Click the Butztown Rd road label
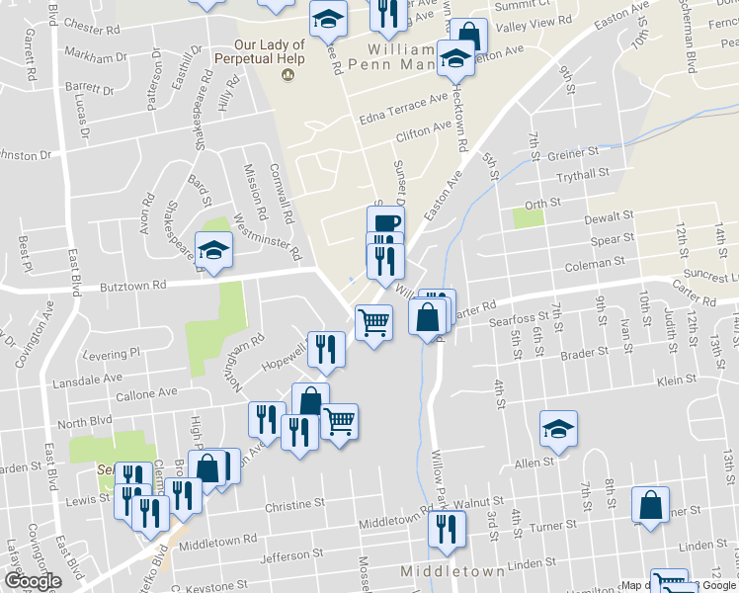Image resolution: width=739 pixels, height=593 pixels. [131, 285]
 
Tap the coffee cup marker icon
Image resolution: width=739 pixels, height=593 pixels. [385, 221]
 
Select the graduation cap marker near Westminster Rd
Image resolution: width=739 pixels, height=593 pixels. [213, 251]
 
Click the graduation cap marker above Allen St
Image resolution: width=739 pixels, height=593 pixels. [558, 429]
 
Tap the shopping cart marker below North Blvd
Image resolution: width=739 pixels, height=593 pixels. [339, 422]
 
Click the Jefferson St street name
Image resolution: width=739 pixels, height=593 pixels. [290, 556]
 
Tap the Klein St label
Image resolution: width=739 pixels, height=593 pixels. [677, 380]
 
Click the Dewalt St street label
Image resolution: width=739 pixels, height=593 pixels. [608, 216]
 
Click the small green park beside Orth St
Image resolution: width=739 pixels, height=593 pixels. [529, 217]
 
